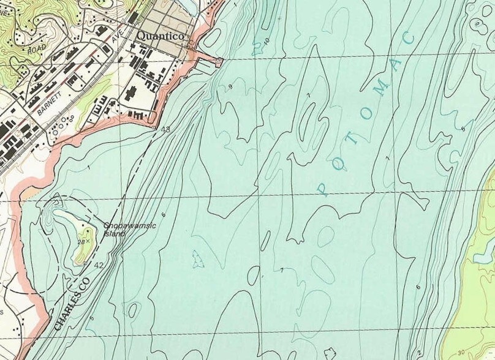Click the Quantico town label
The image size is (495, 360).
pos(161,36)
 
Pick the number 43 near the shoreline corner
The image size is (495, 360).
pos(165,129)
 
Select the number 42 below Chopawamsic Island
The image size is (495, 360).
pos(99,264)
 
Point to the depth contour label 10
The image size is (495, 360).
pos(266,42)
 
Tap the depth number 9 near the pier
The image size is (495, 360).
pos(230,86)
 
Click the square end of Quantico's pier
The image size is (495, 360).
pos(219,60)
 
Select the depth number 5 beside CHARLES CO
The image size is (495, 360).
pos(92,318)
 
